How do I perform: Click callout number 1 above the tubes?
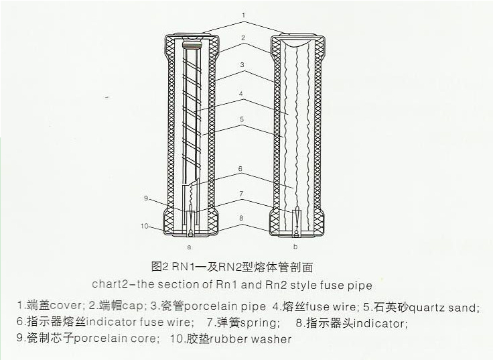(x=244, y=15)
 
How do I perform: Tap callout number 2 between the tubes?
(x=243, y=38)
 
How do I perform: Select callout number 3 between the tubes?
(x=242, y=65)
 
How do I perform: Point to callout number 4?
(x=241, y=93)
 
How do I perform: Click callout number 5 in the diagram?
(x=241, y=119)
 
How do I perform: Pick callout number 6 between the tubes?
(x=240, y=169)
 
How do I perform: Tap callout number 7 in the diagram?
(x=241, y=194)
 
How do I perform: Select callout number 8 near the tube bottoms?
(x=241, y=218)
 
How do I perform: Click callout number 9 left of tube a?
(x=146, y=198)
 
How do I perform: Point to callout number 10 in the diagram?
(x=144, y=226)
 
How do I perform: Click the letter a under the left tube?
(x=189, y=247)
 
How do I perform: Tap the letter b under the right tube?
(x=295, y=247)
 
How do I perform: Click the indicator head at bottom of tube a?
(x=191, y=234)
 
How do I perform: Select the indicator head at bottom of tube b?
(x=296, y=234)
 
